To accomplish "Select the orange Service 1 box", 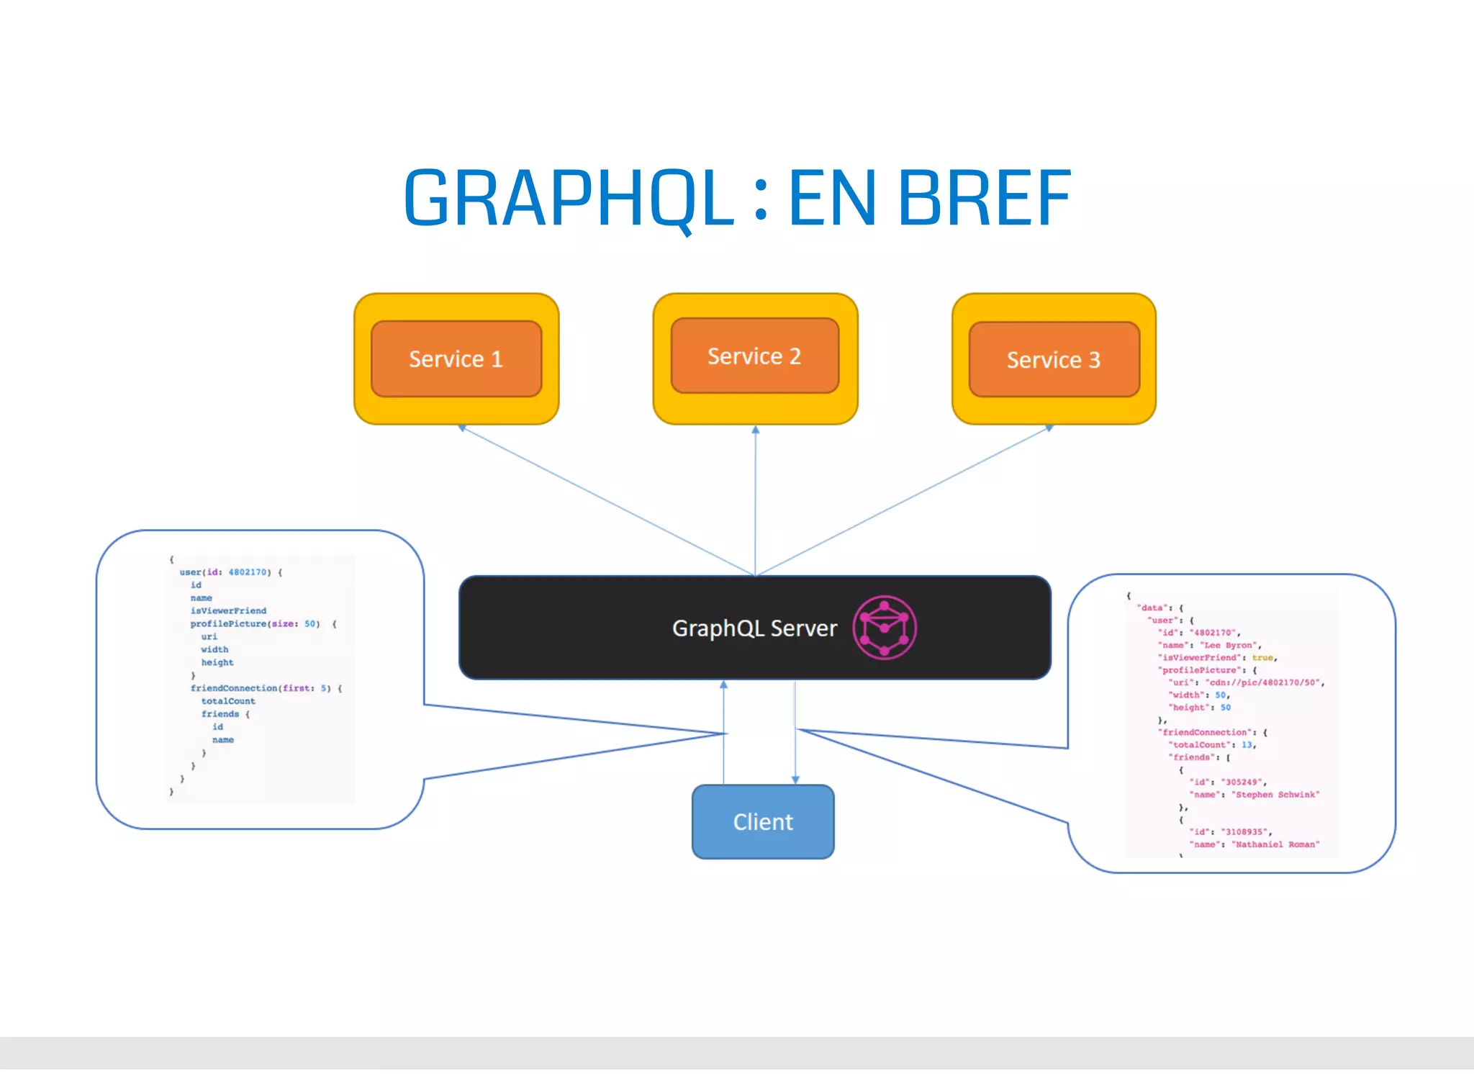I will pyautogui.click(x=456, y=358).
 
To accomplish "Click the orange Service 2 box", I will pyautogui.click(x=754, y=356).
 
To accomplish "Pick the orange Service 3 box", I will pyautogui.click(x=1054, y=359).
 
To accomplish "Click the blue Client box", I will pyautogui.click(x=763, y=821).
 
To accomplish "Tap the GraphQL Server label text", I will pyautogui.click(x=754, y=628).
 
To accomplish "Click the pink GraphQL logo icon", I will pyautogui.click(x=885, y=627).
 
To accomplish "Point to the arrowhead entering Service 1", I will pyautogui.click(x=462, y=428).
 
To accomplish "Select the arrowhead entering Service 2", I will pyautogui.click(x=755, y=429).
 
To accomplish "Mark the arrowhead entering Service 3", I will pyautogui.click(x=1049, y=428).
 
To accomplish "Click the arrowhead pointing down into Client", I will pyautogui.click(x=795, y=780).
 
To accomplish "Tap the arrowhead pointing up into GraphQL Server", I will pyautogui.click(x=724, y=685).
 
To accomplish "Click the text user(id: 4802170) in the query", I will pyautogui.click(x=225, y=572).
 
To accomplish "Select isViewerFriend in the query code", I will pyautogui.click(x=228, y=610).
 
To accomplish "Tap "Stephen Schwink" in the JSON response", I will pyautogui.click(x=1277, y=795).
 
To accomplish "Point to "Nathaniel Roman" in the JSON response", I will pyautogui.click(x=1277, y=844).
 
